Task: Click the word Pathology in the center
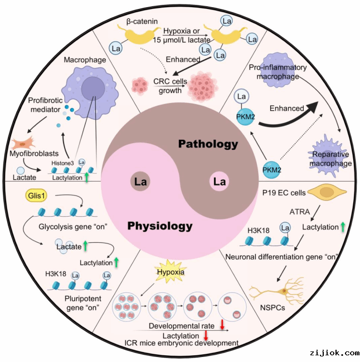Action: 208,144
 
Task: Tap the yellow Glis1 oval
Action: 35,196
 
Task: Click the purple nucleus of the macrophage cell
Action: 92,91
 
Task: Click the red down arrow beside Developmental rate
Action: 222,325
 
